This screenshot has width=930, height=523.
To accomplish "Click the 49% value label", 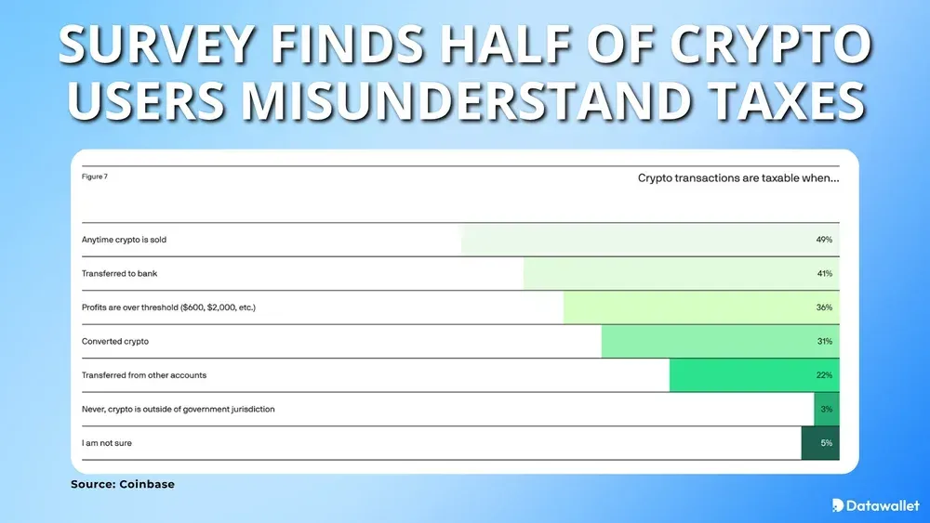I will [x=824, y=240].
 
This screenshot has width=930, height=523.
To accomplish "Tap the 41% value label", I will [x=824, y=274].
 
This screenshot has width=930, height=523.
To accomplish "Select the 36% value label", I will [x=824, y=307].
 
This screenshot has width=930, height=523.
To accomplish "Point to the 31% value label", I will [x=824, y=341].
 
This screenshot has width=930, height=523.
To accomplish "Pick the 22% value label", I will [x=824, y=375].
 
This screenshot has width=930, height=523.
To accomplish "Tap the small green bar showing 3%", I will [x=827, y=409].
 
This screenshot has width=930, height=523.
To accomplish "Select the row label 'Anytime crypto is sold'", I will [x=124, y=240].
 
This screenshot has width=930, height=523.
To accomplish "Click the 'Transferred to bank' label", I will [x=118, y=274].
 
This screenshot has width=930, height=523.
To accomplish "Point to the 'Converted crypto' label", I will [x=114, y=341].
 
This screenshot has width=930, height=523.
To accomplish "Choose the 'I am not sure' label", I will [x=106, y=443].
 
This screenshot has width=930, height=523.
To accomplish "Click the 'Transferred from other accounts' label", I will [x=143, y=375].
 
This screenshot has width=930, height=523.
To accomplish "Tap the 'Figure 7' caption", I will [x=94, y=177].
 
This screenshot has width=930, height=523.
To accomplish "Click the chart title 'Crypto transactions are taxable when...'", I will [x=738, y=177].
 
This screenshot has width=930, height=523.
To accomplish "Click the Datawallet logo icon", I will [x=838, y=505].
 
